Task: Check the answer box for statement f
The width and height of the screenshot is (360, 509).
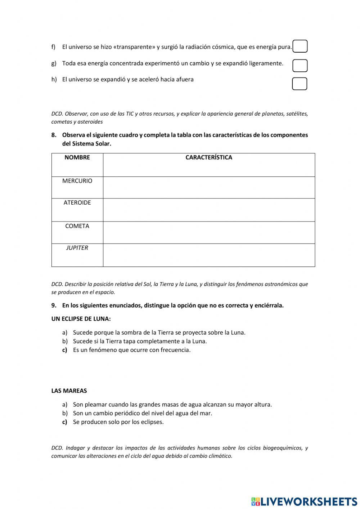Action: [300, 46]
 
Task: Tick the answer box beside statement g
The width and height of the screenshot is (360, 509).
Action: [300, 66]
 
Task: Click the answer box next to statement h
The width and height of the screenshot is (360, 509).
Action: [300, 84]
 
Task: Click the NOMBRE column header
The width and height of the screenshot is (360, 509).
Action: [77, 157]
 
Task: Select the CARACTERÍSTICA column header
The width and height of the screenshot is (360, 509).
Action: [209, 157]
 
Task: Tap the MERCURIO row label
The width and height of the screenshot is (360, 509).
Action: [77, 181]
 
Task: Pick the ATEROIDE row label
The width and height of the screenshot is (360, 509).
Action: [77, 203]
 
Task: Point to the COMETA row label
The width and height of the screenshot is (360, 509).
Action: [77, 226]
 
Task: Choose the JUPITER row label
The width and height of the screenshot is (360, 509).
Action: [77, 248]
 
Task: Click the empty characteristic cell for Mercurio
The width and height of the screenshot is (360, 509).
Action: [209, 188]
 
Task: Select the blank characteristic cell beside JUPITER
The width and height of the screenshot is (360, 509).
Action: [209, 255]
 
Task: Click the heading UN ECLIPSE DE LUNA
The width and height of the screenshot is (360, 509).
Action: [81, 319]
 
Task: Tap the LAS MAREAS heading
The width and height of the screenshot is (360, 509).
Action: [69, 391]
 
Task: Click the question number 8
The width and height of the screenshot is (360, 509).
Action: [54, 135]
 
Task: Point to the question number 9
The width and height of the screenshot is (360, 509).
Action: [54, 305]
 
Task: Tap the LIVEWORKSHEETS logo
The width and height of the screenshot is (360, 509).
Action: [304, 501]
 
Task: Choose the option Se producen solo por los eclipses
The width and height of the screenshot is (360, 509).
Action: [118, 422]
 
